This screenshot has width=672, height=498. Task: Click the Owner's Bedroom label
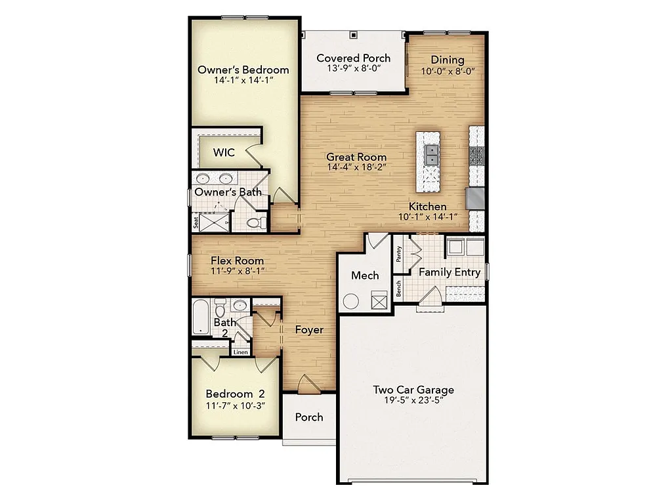pyautogui.click(x=243, y=70)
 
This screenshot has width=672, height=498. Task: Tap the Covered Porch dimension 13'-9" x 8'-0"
pyautogui.click(x=353, y=68)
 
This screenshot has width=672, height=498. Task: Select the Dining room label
pyautogui.click(x=447, y=60)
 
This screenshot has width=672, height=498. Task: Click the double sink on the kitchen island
pyautogui.click(x=431, y=155)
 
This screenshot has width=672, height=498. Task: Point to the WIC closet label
pyautogui.click(x=224, y=152)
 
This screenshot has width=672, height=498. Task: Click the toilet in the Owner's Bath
pyautogui.click(x=255, y=222)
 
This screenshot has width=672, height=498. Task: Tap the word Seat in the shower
pyautogui.click(x=196, y=222)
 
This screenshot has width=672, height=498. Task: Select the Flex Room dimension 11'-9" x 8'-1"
pyautogui.click(x=237, y=271)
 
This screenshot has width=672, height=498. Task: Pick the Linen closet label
pyautogui.click(x=241, y=352)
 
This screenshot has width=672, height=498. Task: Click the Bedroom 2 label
pyautogui.click(x=235, y=394)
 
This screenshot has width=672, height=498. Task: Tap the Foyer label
pyautogui.click(x=308, y=329)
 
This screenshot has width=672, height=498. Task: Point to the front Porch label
pyautogui.click(x=308, y=417)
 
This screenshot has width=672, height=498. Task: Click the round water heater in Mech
pyautogui.click(x=351, y=302)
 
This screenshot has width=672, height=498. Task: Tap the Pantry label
pyautogui.click(x=398, y=255)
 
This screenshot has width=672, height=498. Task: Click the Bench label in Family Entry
pyautogui.click(x=398, y=289)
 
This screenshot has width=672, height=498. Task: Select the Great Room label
pyautogui.click(x=356, y=157)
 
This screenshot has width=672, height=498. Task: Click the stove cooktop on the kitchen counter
pyautogui.click(x=477, y=156)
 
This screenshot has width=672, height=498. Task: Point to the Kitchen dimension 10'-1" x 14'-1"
pyautogui.click(x=428, y=217)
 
